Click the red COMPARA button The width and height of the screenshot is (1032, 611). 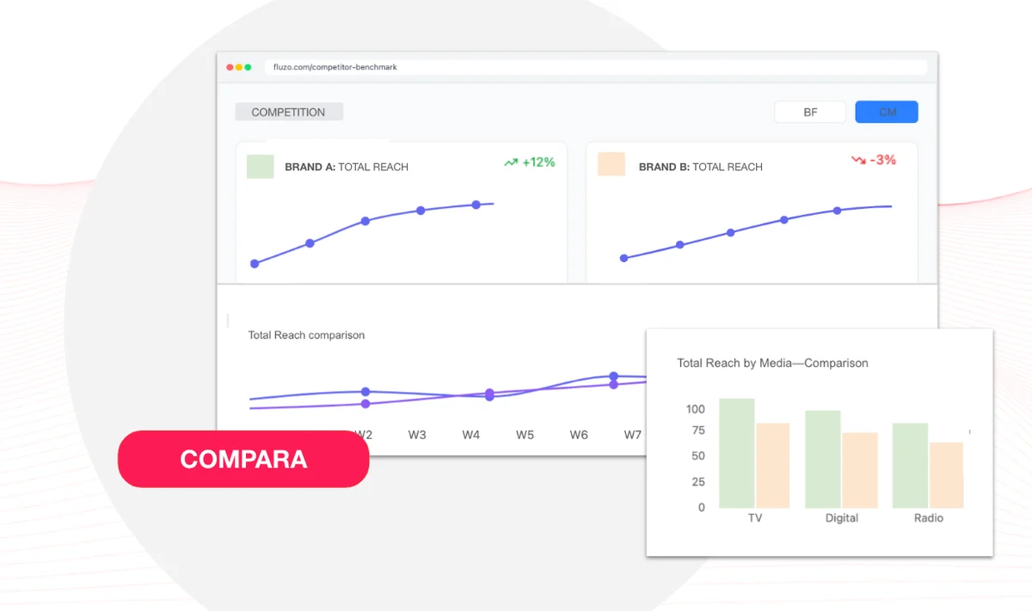point(243,459)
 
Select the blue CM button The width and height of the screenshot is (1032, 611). point(887,112)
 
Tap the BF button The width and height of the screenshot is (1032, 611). point(810,112)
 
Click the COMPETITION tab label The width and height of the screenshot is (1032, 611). point(289,112)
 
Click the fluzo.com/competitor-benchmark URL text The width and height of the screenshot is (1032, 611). point(335,67)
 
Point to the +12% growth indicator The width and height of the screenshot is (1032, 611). point(530,162)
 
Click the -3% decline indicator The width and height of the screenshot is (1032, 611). point(874,160)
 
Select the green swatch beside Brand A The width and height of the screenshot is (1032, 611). point(261,166)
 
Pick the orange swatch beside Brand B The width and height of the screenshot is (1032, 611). point(611,164)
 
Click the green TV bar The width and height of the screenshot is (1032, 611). point(737,453)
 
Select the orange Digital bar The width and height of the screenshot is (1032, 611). point(860,470)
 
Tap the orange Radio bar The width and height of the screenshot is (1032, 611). point(946,475)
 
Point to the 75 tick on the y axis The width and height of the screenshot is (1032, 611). point(698,431)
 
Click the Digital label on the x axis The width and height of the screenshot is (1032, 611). point(842,518)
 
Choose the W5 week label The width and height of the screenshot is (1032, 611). point(525,435)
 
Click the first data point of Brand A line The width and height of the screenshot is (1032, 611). point(255,264)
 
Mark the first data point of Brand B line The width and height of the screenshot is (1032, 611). point(623,259)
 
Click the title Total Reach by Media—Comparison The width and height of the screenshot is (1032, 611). point(772,363)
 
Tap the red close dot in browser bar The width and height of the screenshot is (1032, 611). point(230,67)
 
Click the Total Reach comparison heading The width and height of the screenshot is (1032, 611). point(306,335)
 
